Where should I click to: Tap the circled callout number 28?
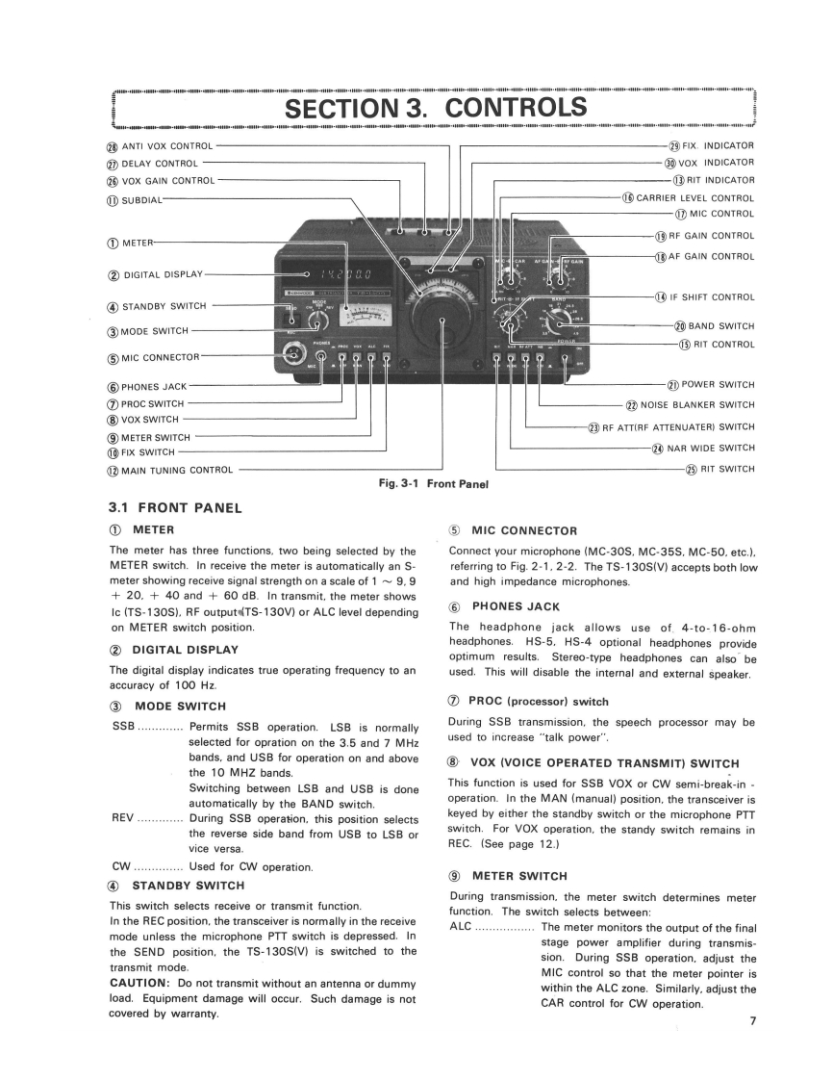point(112,146)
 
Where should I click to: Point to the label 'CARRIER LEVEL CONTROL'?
point(693,198)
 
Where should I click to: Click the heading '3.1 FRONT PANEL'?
point(176,508)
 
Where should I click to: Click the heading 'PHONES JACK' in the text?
point(517,606)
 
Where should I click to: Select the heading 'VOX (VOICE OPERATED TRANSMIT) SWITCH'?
point(603,763)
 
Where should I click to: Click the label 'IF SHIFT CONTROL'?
point(711,297)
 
